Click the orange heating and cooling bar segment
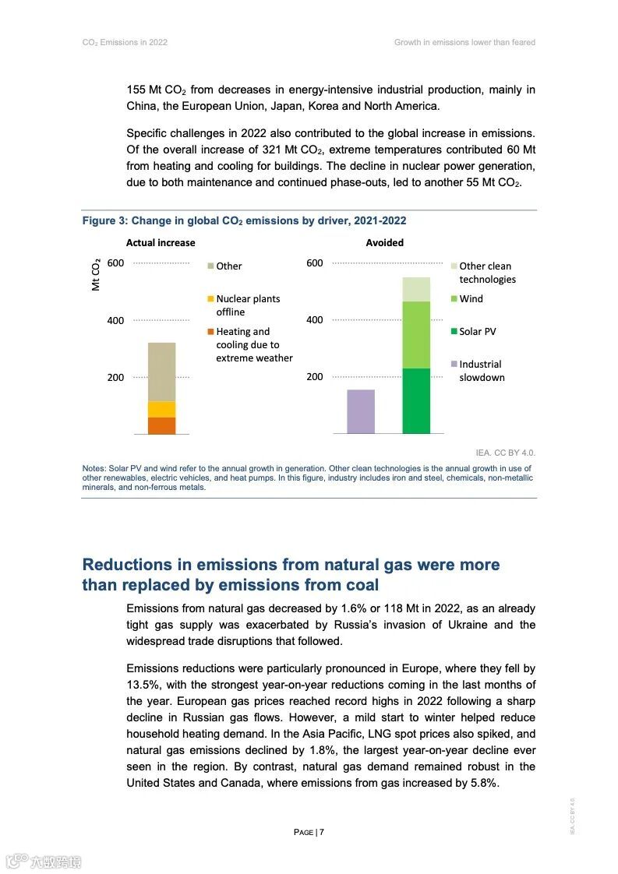point(161,425)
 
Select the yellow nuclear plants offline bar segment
point(161,409)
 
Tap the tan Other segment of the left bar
point(161,372)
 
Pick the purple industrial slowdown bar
point(360,411)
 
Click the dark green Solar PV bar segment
point(416,400)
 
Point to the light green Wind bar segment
point(416,335)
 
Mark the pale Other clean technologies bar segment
point(416,289)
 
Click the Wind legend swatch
point(454,298)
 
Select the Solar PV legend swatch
point(454,331)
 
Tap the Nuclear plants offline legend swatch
point(210,298)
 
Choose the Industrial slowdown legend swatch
point(454,364)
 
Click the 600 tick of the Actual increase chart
point(115,263)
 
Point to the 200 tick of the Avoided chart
point(314,377)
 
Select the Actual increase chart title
point(161,242)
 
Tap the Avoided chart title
point(385,242)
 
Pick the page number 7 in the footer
point(321,832)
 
